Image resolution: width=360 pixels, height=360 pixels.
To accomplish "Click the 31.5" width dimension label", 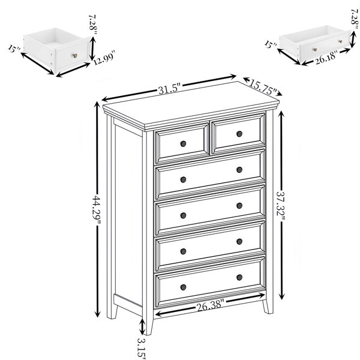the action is click(170, 89).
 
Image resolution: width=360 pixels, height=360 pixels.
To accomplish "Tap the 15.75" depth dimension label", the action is click(263, 87).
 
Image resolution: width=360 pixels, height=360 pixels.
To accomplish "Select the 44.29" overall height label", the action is click(97, 209).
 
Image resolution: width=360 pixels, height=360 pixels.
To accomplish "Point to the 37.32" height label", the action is click(281, 205).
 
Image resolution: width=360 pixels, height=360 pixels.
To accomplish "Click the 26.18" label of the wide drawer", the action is click(326, 57).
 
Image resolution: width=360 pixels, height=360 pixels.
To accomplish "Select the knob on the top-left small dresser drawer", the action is click(183, 144).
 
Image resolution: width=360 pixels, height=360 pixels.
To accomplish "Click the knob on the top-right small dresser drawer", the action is click(239, 134).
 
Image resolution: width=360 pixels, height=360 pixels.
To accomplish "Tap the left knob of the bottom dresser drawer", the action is click(183, 287).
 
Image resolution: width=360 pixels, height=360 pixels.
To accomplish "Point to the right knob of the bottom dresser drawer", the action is click(239, 277).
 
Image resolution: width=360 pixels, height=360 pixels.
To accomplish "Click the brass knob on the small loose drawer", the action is click(75, 56).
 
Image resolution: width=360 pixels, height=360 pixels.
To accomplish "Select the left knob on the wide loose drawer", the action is click(315, 50).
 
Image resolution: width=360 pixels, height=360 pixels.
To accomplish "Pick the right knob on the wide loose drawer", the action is click(340, 41).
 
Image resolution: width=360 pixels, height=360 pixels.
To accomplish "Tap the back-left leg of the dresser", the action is click(112, 311).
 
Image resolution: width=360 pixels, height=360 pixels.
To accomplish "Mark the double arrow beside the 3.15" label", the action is click(142, 327).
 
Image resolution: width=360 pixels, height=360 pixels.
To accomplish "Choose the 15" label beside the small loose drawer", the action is click(14, 49).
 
